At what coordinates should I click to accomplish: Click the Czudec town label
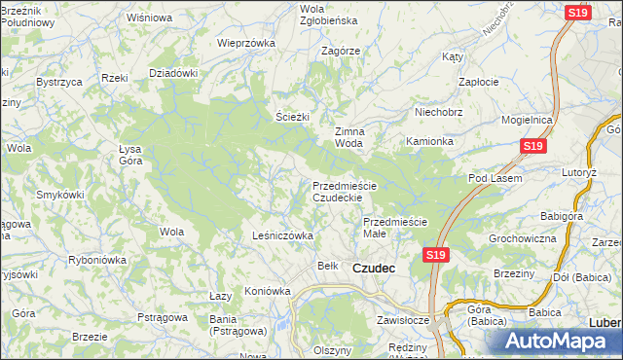[x=373, y=268]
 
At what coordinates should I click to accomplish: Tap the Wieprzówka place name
[x=245, y=43]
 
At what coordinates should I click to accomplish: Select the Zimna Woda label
[x=349, y=137]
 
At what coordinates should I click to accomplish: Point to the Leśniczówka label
[x=282, y=235]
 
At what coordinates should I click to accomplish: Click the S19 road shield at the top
[x=577, y=12]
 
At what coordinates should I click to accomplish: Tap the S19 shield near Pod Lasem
[x=531, y=146]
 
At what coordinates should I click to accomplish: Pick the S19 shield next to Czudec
[x=435, y=255]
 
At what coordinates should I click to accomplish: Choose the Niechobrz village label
[x=437, y=111]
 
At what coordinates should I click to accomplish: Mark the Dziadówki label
[x=173, y=73]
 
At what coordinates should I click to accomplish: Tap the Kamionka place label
[x=430, y=141]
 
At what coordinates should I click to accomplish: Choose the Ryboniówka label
[x=98, y=260]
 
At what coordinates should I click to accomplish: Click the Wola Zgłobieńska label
[x=313, y=14]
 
